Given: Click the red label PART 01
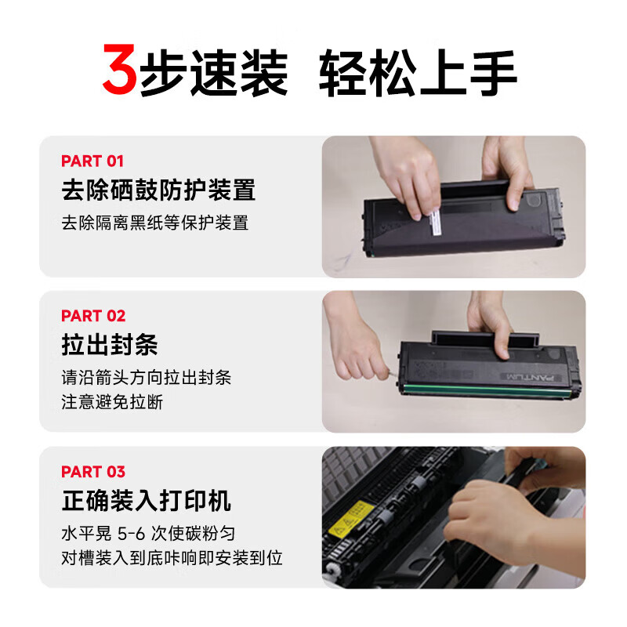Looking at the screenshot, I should (92, 161).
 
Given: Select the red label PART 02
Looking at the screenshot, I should (92, 316).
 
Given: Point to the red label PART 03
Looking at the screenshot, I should (92, 472).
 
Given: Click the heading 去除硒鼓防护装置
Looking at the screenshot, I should (158, 190).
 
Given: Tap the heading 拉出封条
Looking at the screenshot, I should (110, 345).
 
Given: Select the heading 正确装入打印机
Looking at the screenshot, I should (147, 501).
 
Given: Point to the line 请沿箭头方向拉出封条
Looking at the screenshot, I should (146, 377).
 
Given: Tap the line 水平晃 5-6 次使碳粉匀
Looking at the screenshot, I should (148, 533).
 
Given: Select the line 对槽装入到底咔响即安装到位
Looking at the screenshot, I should (172, 558).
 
